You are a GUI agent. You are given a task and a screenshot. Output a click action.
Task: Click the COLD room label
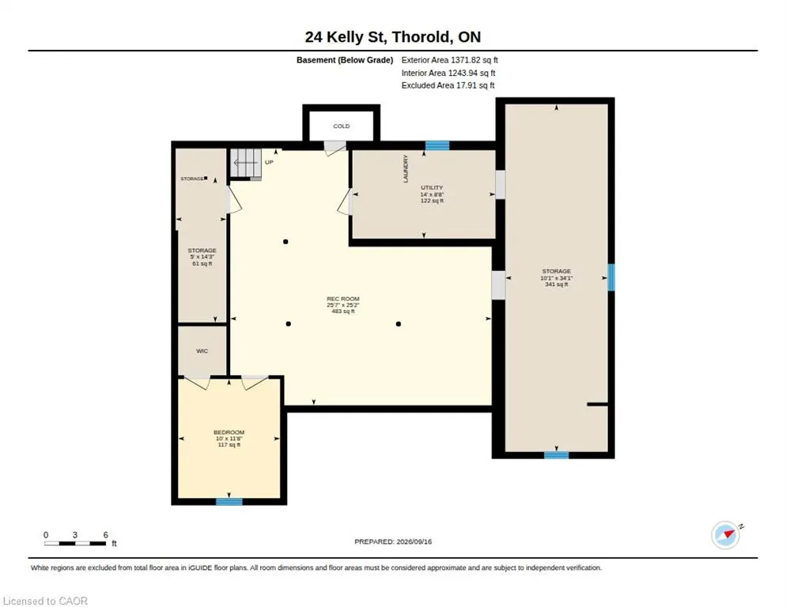coord(342,126)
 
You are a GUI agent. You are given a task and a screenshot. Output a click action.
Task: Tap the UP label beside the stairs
coord(269,162)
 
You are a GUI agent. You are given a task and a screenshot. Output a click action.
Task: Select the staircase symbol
coord(246,164)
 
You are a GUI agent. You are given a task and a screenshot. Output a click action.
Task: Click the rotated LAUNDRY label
coord(406,168)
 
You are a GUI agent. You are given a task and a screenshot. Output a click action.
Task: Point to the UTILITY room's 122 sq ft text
coord(432,201)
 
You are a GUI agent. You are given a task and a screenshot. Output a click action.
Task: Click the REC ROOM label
coord(343,299)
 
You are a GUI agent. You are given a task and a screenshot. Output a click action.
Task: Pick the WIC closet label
coord(202,351)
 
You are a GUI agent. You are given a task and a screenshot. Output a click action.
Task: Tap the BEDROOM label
coord(229,432)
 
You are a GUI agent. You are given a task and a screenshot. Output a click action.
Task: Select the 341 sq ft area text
coord(557,285)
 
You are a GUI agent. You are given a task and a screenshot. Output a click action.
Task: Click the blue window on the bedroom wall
coord(229,502)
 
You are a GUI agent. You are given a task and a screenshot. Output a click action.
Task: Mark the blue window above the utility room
coord(437,146)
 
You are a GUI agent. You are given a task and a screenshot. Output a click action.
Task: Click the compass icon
coord(726,535)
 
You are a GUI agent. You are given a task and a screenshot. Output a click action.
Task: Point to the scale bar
coord(75,543)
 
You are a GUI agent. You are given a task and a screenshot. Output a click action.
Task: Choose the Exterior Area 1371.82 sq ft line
coord(450,60)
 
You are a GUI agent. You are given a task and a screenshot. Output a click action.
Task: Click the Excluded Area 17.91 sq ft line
coord(448,85)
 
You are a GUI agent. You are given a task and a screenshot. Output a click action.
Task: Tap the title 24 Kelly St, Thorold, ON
coord(393,36)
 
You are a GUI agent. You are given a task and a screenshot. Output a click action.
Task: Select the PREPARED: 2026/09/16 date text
coord(393,542)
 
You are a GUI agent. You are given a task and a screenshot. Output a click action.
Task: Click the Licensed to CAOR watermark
coord(46,601)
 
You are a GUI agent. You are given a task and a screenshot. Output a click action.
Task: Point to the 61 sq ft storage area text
coord(202,264)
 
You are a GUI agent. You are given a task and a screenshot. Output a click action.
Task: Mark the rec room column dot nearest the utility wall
coord(285,242)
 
